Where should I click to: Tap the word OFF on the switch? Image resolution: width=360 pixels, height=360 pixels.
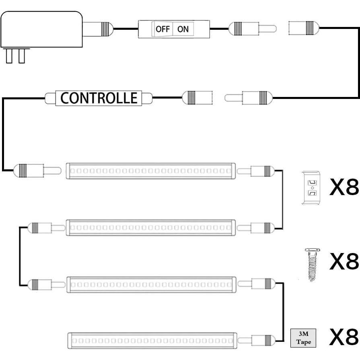[x=163, y=29]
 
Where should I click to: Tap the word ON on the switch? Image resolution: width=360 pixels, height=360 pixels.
[x=183, y=29]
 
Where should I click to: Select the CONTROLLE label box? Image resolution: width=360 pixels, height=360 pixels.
[x=99, y=98]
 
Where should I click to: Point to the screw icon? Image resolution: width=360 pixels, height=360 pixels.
[x=312, y=264]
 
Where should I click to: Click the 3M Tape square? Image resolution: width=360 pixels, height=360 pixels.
[x=303, y=338]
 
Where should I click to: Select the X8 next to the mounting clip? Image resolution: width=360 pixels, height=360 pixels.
[x=344, y=187]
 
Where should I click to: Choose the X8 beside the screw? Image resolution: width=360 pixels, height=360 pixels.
[x=344, y=262]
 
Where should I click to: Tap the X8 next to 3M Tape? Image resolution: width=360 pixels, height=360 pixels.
[x=344, y=337]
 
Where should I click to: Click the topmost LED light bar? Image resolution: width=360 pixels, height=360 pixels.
[x=150, y=171]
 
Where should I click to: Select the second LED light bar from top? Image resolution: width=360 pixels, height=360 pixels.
[x=150, y=228]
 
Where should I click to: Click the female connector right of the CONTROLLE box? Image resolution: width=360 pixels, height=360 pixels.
[x=197, y=98]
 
